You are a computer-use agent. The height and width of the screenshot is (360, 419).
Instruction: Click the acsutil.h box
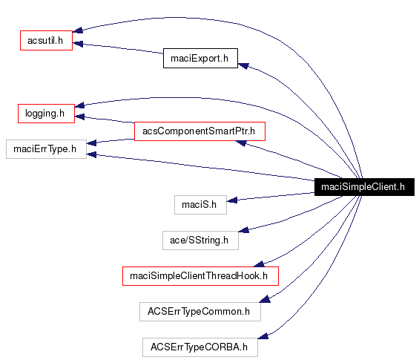click(45, 39)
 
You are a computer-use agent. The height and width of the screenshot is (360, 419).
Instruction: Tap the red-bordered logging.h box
click(45, 114)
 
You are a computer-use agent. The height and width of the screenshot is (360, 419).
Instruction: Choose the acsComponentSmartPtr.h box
click(199, 131)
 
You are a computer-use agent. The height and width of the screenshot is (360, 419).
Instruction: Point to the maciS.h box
click(199, 203)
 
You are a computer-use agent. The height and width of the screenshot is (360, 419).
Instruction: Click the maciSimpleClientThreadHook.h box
click(199, 276)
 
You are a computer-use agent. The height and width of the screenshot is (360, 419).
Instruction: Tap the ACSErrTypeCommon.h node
click(199, 312)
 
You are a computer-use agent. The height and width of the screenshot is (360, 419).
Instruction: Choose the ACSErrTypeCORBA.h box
click(199, 347)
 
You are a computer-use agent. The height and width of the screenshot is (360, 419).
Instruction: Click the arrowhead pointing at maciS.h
click(231, 200)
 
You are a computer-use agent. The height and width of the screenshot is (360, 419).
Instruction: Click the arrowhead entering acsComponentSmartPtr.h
click(241, 143)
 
